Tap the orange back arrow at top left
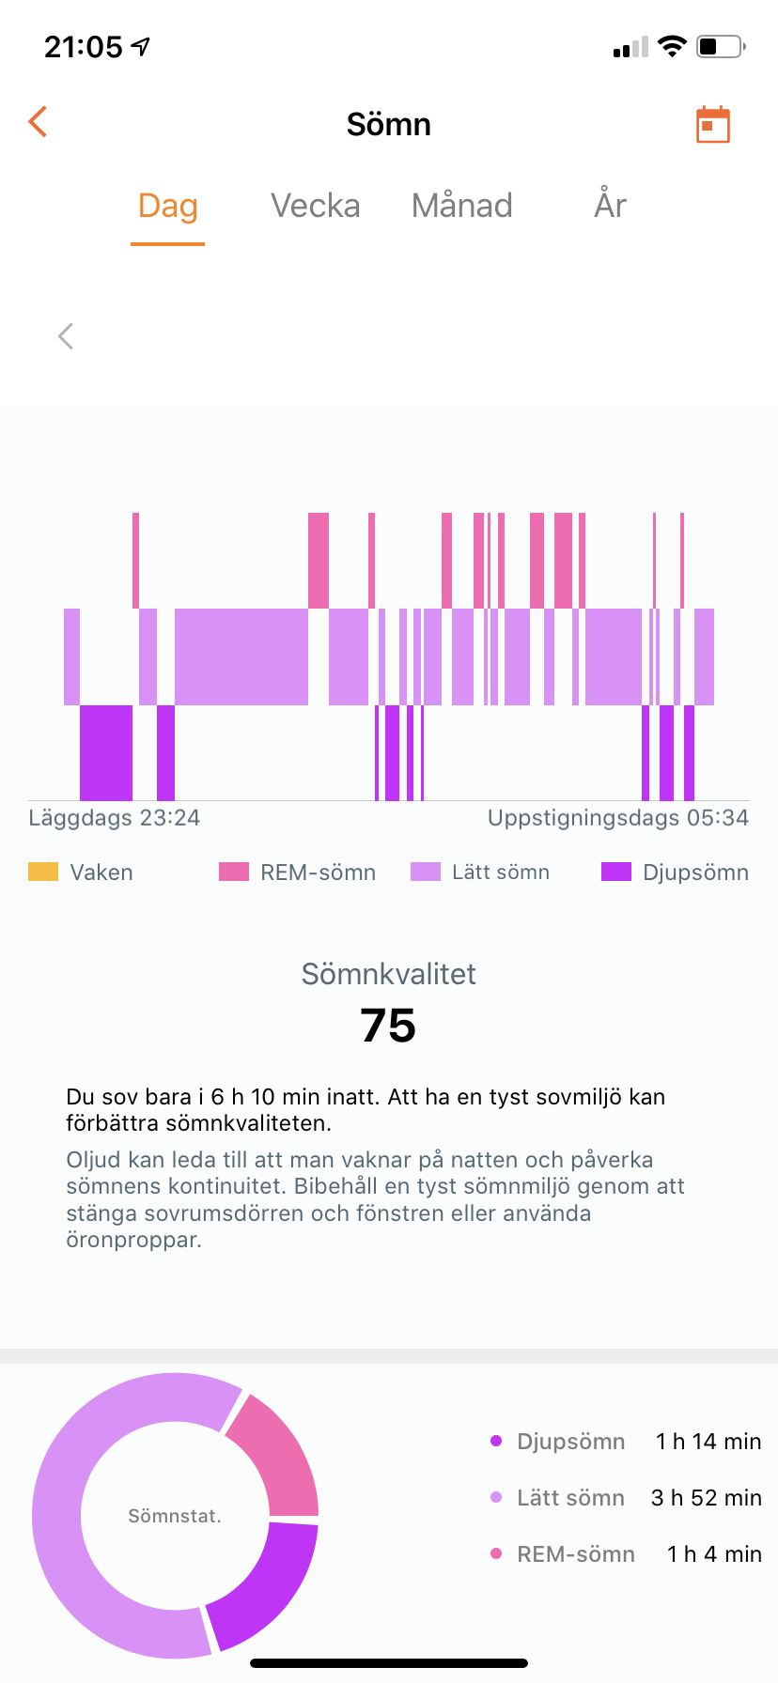tap(38, 122)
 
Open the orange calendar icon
tap(712, 124)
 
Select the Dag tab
tap(168, 206)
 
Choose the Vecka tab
tap(316, 206)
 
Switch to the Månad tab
tap(462, 206)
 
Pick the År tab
tap(610, 206)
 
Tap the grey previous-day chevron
tap(66, 336)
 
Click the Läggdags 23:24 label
tap(115, 818)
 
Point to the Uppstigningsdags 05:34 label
tap(617, 818)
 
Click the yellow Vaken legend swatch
tap(43, 872)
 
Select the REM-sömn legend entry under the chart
tap(298, 872)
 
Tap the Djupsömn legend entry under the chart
tap(676, 872)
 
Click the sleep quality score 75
tap(388, 1026)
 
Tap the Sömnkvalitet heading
tap(388, 974)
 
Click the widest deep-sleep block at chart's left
tap(106, 752)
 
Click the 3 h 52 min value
tap(706, 1498)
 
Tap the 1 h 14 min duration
tap(708, 1442)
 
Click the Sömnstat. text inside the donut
tap(175, 1516)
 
